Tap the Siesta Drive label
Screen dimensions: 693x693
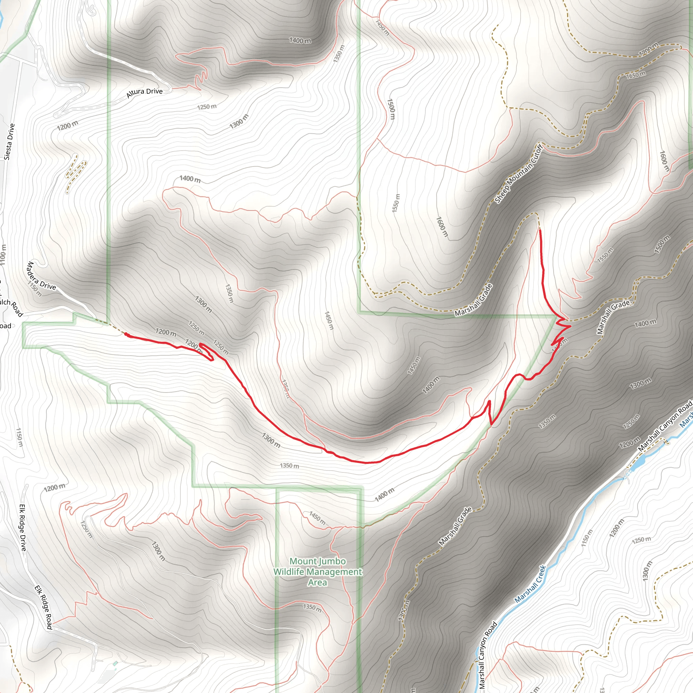(10, 141)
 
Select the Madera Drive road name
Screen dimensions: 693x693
(41, 275)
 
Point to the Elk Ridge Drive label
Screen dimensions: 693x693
(23, 528)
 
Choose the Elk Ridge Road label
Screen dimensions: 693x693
(43, 607)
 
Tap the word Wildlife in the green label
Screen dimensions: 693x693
(291, 572)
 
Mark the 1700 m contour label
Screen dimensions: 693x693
(649, 49)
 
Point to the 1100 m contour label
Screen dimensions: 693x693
(3, 255)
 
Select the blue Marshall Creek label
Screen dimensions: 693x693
(530, 584)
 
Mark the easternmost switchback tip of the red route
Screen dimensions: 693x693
(570, 326)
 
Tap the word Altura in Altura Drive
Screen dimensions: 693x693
(136, 94)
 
